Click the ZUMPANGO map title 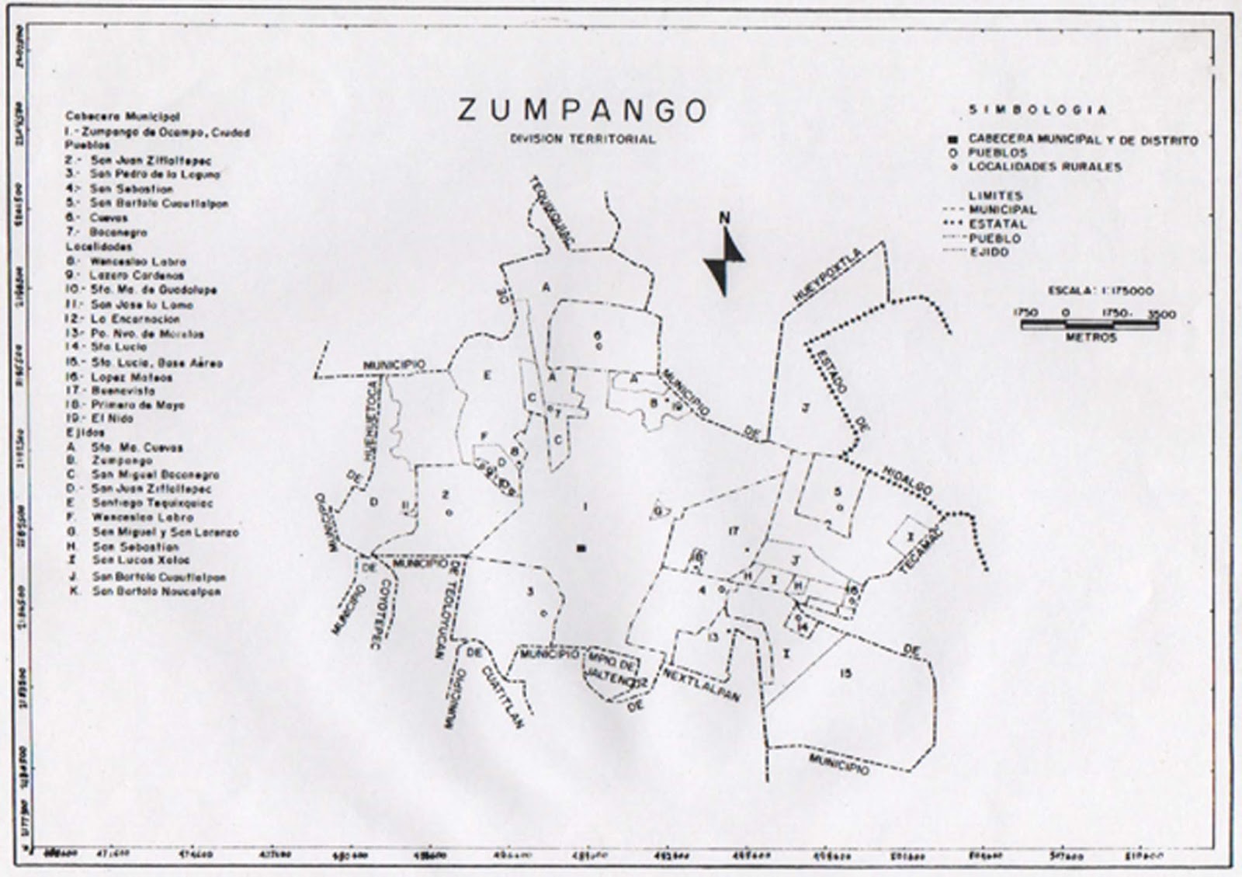tap(582, 110)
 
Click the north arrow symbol tap(724, 258)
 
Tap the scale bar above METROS tap(1089, 325)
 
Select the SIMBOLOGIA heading tap(1037, 110)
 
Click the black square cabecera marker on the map tap(581, 548)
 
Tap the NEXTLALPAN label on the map tap(701, 685)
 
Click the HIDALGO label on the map tap(907, 482)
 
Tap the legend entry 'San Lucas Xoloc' tap(141, 560)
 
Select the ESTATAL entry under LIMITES tap(997, 224)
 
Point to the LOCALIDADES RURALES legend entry tap(1044, 166)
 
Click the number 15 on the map tap(845, 673)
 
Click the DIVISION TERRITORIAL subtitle tap(582, 140)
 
